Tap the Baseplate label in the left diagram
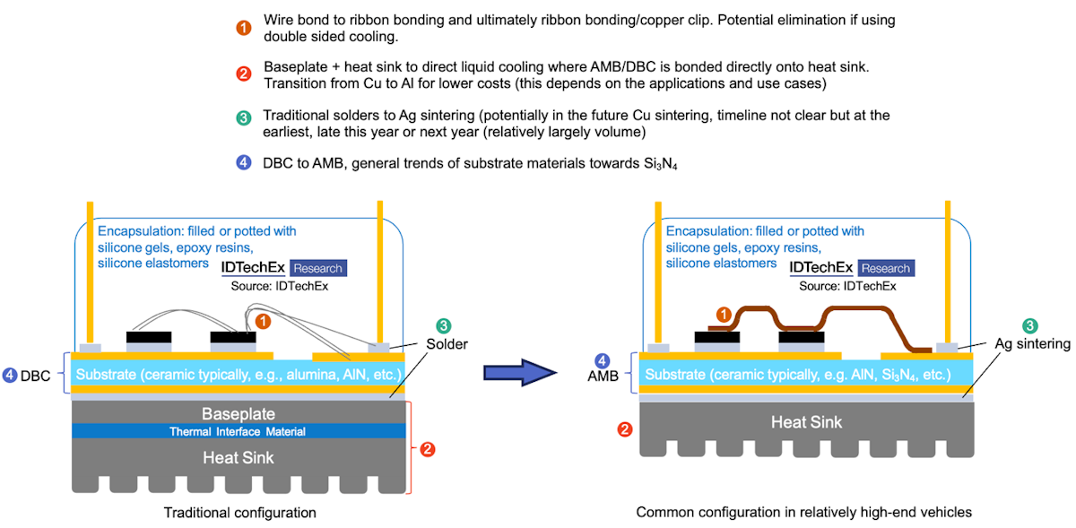pos(238,413)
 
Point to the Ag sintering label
pos(1032,343)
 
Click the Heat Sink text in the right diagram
pos(806,421)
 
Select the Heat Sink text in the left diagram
pos(238,457)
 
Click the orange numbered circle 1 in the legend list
pos(243,27)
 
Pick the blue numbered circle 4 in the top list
pos(243,163)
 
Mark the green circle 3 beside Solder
pos(443,326)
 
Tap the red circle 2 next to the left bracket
pos(428,448)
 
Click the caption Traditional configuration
pos(239,513)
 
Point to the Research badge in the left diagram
pos(317,267)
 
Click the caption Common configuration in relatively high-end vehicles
pos(803,513)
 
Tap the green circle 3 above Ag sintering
pos(1030,326)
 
